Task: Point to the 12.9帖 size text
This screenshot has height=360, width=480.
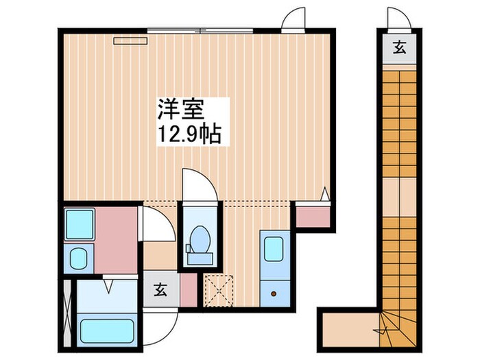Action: pos(189,134)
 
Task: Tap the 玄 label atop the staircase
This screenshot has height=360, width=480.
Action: pos(398,47)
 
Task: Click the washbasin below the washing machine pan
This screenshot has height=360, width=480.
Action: pos(78,259)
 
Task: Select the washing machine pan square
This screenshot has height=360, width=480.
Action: pos(79,224)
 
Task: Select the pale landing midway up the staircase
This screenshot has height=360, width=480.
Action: pos(398,196)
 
